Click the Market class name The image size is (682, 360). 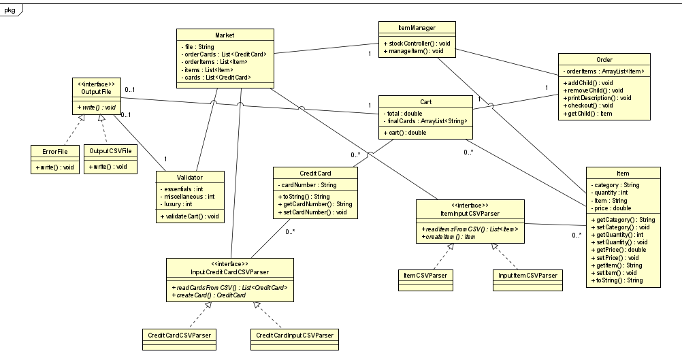coord(225,34)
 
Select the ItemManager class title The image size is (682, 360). coord(417,28)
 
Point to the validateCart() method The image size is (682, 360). coord(189,216)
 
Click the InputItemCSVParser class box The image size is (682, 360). coord(527,278)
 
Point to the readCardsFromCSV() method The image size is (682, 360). coord(230,288)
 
